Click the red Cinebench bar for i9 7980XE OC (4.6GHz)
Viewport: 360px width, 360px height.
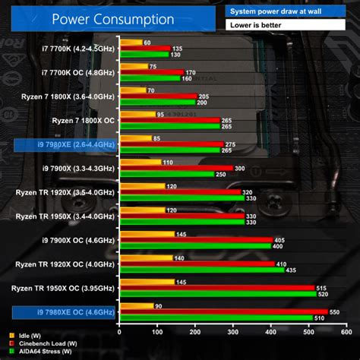click(x=224, y=312)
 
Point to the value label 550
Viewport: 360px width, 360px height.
click(x=336, y=312)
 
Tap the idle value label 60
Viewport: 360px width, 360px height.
click(x=147, y=43)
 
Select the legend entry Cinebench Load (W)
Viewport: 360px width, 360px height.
click(x=39, y=343)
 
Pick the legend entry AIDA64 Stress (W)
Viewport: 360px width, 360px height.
click(x=37, y=352)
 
